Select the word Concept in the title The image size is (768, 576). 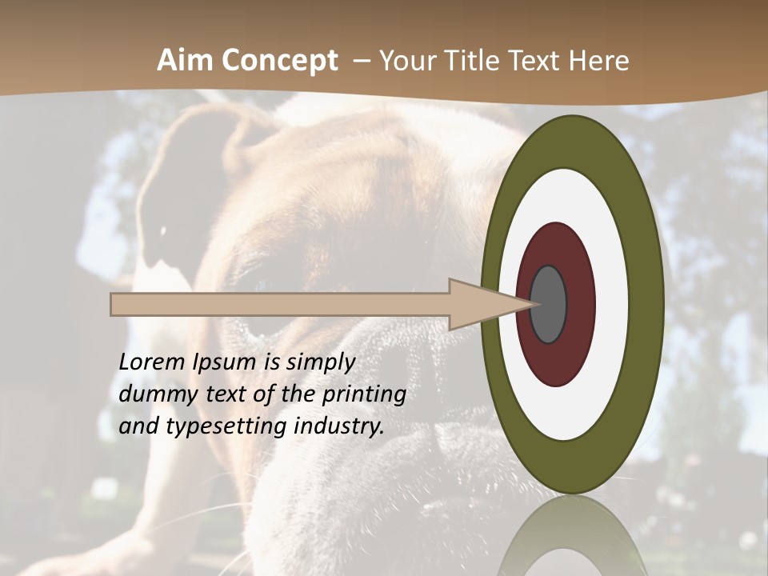280,61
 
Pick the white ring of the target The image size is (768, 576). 612,304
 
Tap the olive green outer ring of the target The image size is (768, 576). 646,304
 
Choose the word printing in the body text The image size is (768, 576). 364,395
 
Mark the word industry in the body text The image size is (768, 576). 338,427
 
